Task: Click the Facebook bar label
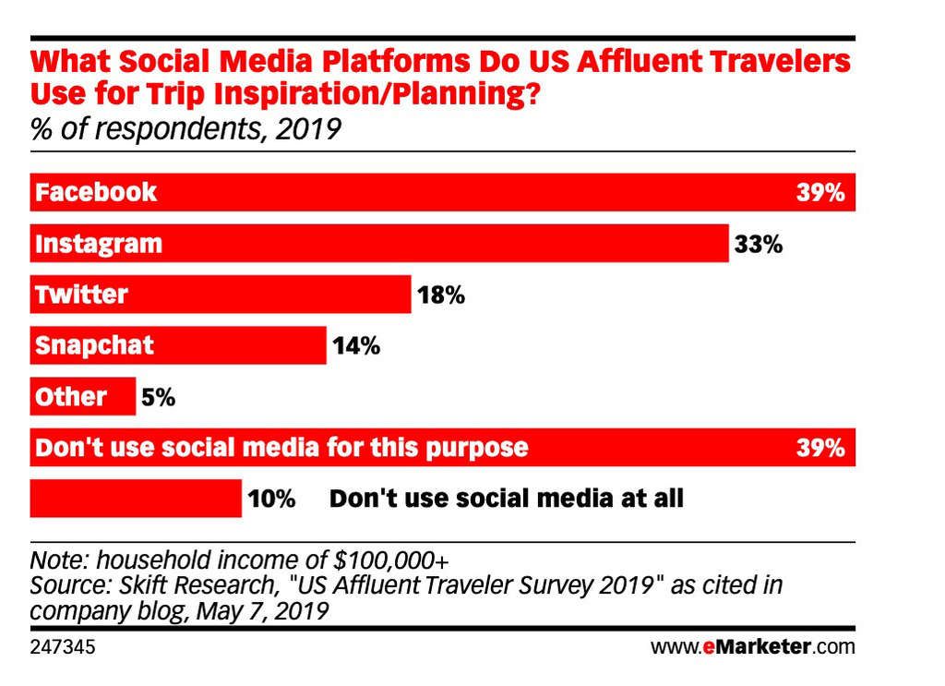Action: click(x=96, y=193)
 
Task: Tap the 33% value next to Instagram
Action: click(x=759, y=245)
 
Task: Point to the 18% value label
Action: click(x=440, y=296)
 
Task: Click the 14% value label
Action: click(x=355, y=347)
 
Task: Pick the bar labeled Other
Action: click(x=83, y=397)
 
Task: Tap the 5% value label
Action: click(x=157, y=398)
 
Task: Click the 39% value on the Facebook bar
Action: click(x=820, y=194)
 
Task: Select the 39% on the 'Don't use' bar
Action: click(x=820, y=449)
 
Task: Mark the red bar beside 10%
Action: click(x=136, y=499)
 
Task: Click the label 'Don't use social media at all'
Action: click(x=507, y=499)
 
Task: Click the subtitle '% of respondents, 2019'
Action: click(x=185, y=128)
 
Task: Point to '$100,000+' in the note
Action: click(x=392, y=560)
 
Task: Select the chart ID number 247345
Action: click(x=63, y=646)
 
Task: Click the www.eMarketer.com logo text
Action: click(x=753, y=646)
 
